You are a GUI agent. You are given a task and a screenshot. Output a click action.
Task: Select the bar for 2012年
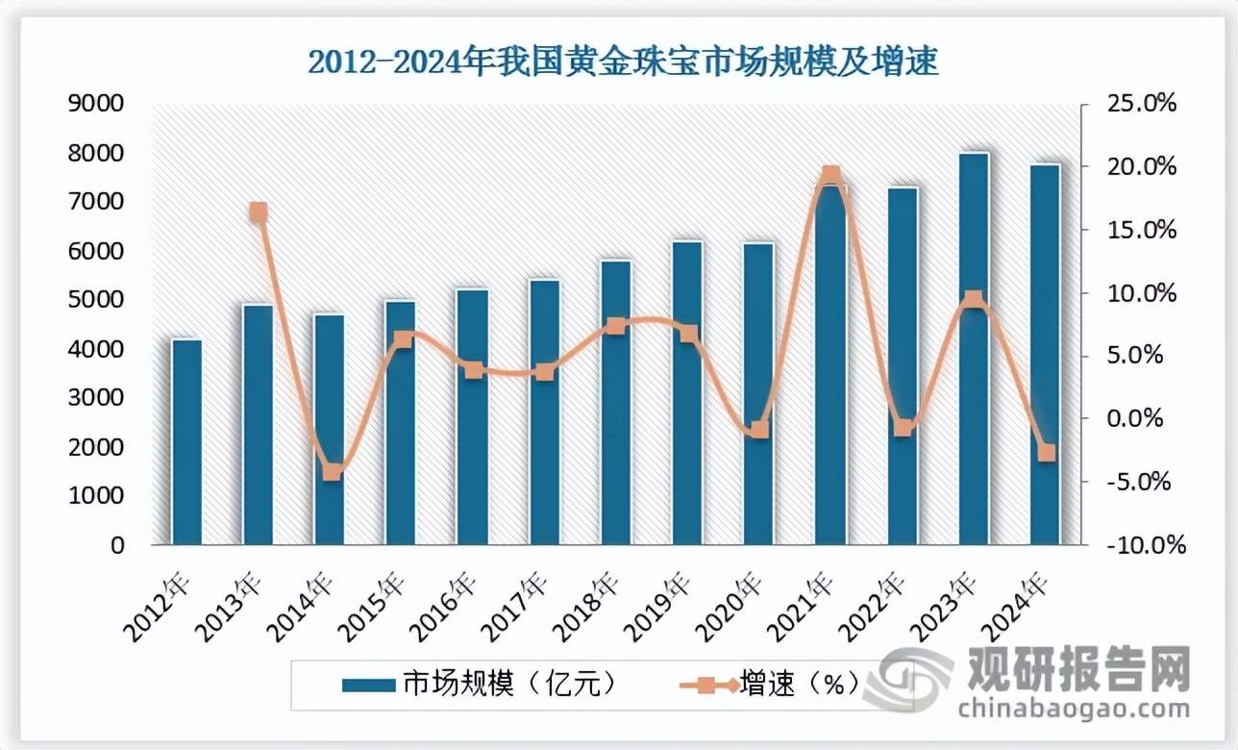(x=186, y=442)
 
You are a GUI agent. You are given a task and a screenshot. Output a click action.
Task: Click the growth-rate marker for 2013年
(x=259, y=212)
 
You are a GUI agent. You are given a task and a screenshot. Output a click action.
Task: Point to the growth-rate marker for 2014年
(x=331, y=471)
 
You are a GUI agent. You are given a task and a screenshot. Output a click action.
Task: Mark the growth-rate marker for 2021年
(x=831, y=176)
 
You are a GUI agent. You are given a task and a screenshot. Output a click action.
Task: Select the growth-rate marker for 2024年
(x=1047, y=452)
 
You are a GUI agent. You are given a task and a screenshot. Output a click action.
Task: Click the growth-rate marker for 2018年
(x=616, y=326)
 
